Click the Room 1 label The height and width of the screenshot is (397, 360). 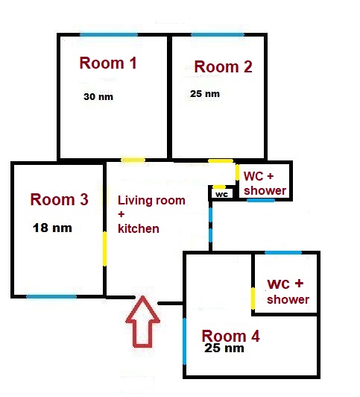click(x=108, y=63)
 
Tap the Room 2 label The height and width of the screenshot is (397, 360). click(x=224, y=67)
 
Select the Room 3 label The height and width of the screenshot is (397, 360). click(x=59, y=199)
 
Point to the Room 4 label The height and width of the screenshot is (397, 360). click(x=230, y=336)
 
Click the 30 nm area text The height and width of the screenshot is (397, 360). click(x=98, y=97)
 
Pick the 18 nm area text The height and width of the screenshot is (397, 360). click(x=52, y=228)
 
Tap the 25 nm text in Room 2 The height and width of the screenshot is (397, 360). click(x=205, y=94)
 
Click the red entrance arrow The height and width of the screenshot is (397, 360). click(x=142, y=322)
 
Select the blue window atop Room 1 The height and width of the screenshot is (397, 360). click(x=109, y=34)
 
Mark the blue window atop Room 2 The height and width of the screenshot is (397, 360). click(x=218, y=34)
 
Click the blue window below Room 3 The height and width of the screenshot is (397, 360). click(x=51, y=296)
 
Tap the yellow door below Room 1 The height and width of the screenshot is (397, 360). click(x=133, y=160)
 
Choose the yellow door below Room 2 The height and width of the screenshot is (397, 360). click(x=221, y=161)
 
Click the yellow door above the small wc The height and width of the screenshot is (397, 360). click(x=219, y=187)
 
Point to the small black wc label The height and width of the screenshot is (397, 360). click(x=222, y=194)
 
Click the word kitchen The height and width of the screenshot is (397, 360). click(x=139, y=228)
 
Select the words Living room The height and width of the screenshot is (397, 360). click(x=151, y=201)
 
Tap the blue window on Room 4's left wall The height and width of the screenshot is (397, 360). click(x=185, y=341)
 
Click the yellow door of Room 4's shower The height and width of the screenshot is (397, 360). click(x=253, y=298)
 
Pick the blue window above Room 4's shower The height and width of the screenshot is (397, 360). click(x=283, y=252)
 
